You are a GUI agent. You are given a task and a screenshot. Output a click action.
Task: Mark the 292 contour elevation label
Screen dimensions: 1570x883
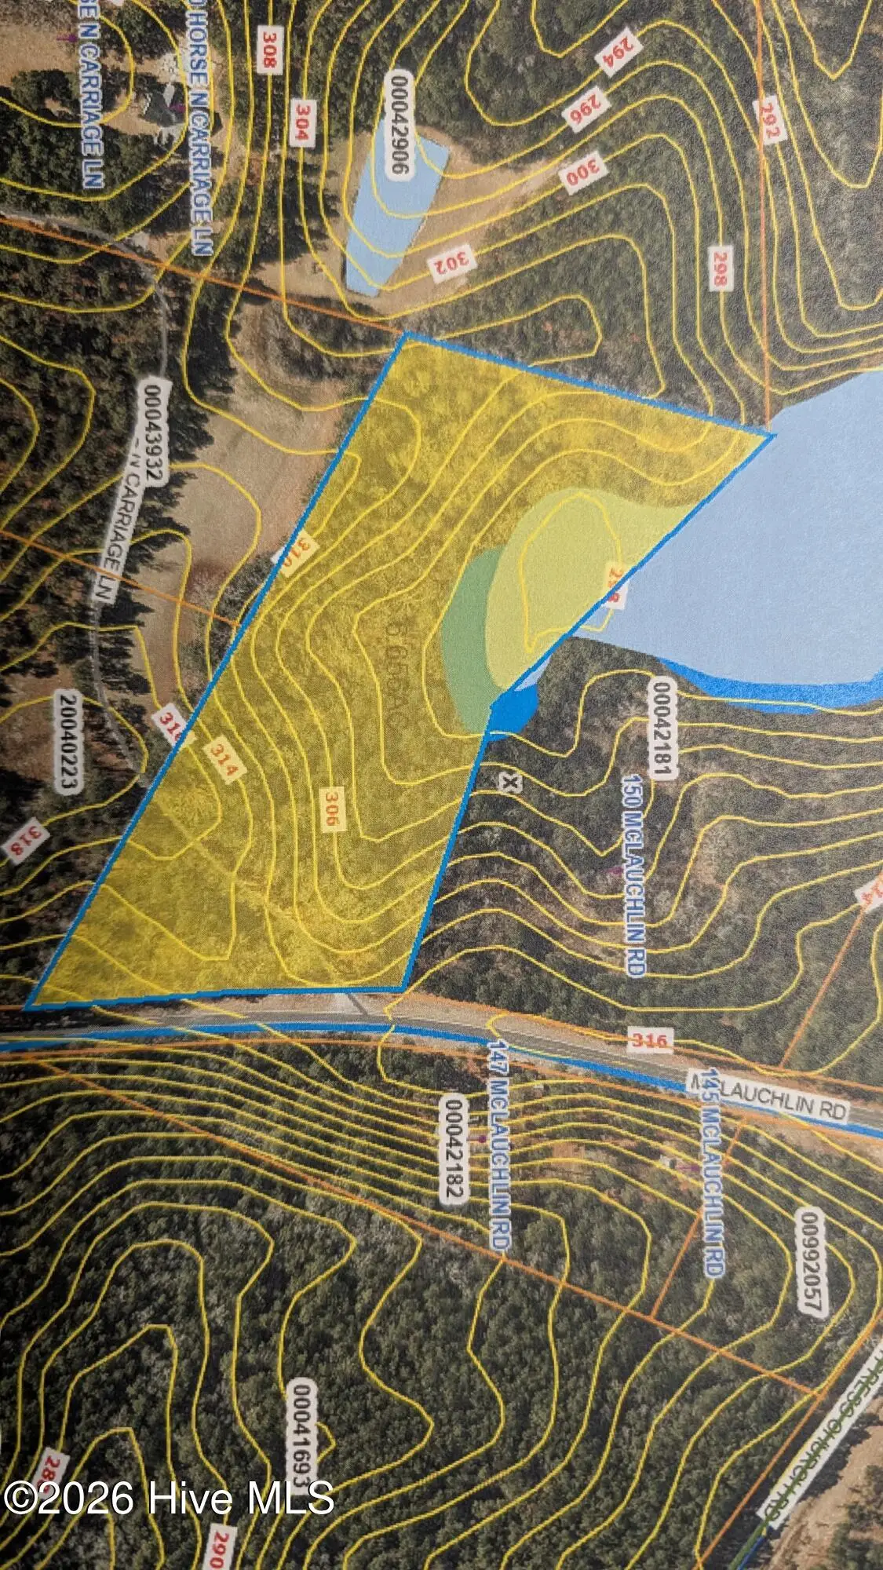pos(768,121)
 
